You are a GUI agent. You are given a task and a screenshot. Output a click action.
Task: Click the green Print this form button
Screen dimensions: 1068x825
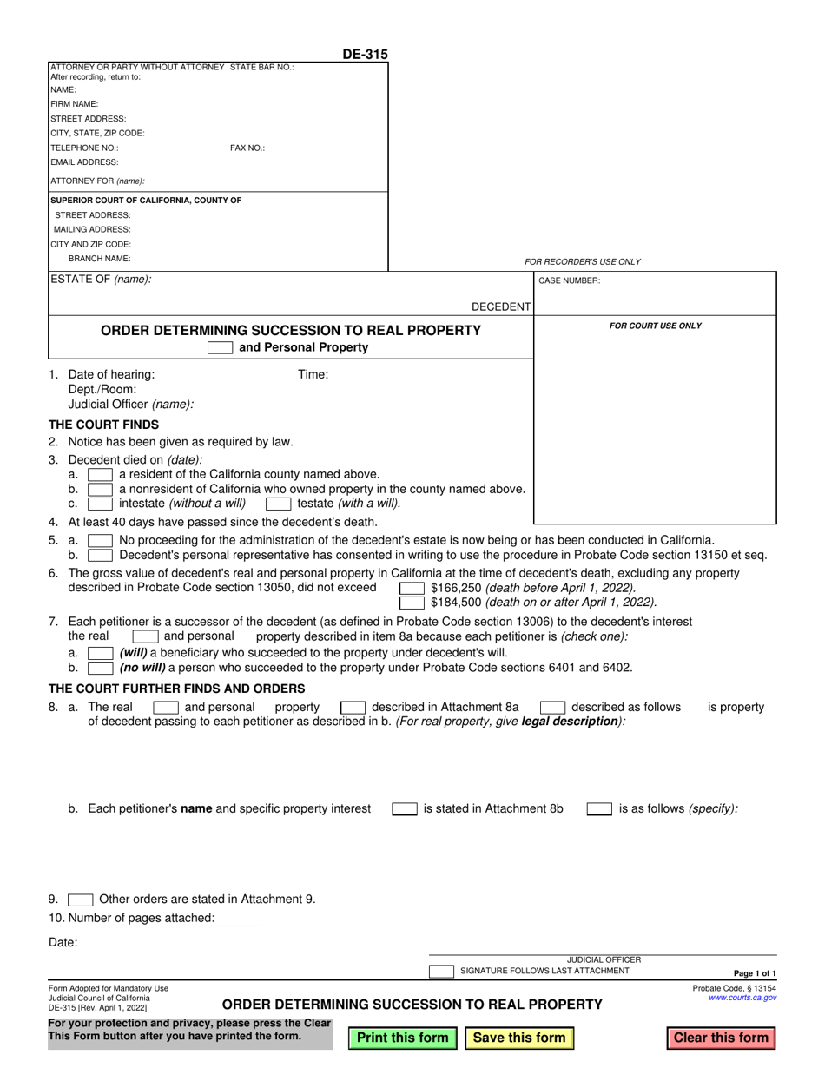coord(403,1038)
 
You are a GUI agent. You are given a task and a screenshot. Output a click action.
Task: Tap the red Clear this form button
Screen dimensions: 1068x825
coord(721,1038)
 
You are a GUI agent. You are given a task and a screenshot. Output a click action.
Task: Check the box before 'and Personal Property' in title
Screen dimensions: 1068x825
coord(220,347)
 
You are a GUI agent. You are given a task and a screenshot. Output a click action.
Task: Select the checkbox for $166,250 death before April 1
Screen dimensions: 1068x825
coord(412,588)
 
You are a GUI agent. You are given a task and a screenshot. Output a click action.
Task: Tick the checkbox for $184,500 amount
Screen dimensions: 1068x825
coord(412,602)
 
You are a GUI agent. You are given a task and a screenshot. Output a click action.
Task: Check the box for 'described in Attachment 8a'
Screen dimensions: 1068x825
coord(353,707)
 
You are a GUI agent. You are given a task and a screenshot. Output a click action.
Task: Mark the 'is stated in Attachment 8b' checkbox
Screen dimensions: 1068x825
coord(404,808)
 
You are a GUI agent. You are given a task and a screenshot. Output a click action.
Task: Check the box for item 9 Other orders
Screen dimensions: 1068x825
coord(80,900)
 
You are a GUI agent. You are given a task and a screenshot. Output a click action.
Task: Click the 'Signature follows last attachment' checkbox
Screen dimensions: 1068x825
coord(441,971)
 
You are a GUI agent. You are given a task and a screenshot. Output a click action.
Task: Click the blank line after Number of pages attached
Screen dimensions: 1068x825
coord(238,919)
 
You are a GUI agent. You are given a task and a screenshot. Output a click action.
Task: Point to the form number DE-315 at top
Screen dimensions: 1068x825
coord(365,55)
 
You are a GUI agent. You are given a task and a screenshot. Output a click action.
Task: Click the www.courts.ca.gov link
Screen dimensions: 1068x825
coord(742,998)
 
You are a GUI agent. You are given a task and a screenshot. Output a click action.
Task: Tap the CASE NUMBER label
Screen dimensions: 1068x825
coord(570,280)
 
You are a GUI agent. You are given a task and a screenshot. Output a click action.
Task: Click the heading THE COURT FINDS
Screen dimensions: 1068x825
coord(104,425)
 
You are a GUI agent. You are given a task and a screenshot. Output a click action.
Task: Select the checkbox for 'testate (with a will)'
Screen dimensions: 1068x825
coord(278,503)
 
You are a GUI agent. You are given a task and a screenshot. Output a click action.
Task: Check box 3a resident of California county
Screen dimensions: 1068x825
coord(100,474)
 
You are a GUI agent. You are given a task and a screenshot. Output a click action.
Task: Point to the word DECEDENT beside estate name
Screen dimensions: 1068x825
coord(500,307)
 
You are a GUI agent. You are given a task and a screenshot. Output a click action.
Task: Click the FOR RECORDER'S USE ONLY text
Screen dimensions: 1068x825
coord(583,261)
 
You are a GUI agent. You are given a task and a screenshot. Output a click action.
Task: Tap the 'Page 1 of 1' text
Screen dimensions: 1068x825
coord(755,973)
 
